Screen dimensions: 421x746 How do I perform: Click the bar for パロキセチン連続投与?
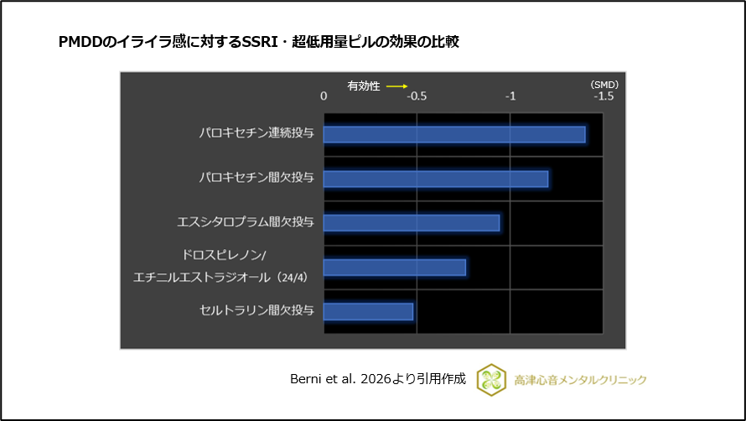pos(453,134)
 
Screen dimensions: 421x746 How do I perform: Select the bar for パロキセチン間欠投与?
pos(435,179)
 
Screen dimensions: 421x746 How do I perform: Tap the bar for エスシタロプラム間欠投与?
pos(411,222)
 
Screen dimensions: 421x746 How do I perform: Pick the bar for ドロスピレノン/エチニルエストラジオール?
pos(394,267)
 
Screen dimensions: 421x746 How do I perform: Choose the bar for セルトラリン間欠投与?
pos(368,311)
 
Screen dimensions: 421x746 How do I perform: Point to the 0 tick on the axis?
pos(324,96)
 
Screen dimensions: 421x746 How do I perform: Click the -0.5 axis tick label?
pos(417,96)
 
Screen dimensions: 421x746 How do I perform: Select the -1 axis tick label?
pos(510,96)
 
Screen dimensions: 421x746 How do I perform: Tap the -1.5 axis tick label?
pos(603,96)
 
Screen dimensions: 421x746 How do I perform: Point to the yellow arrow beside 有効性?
pos(396,86)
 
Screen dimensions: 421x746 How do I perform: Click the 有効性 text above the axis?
pos(365,86)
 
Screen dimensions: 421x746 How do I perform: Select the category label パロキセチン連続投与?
pos(256,133)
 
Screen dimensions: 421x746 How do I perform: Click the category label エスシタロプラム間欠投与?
pos(246,222)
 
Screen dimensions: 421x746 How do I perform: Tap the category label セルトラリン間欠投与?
pos(256,311)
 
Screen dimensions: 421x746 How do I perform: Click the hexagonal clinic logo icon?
pos(491,380)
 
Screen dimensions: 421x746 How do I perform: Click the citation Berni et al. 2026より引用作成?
pos(377,380)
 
